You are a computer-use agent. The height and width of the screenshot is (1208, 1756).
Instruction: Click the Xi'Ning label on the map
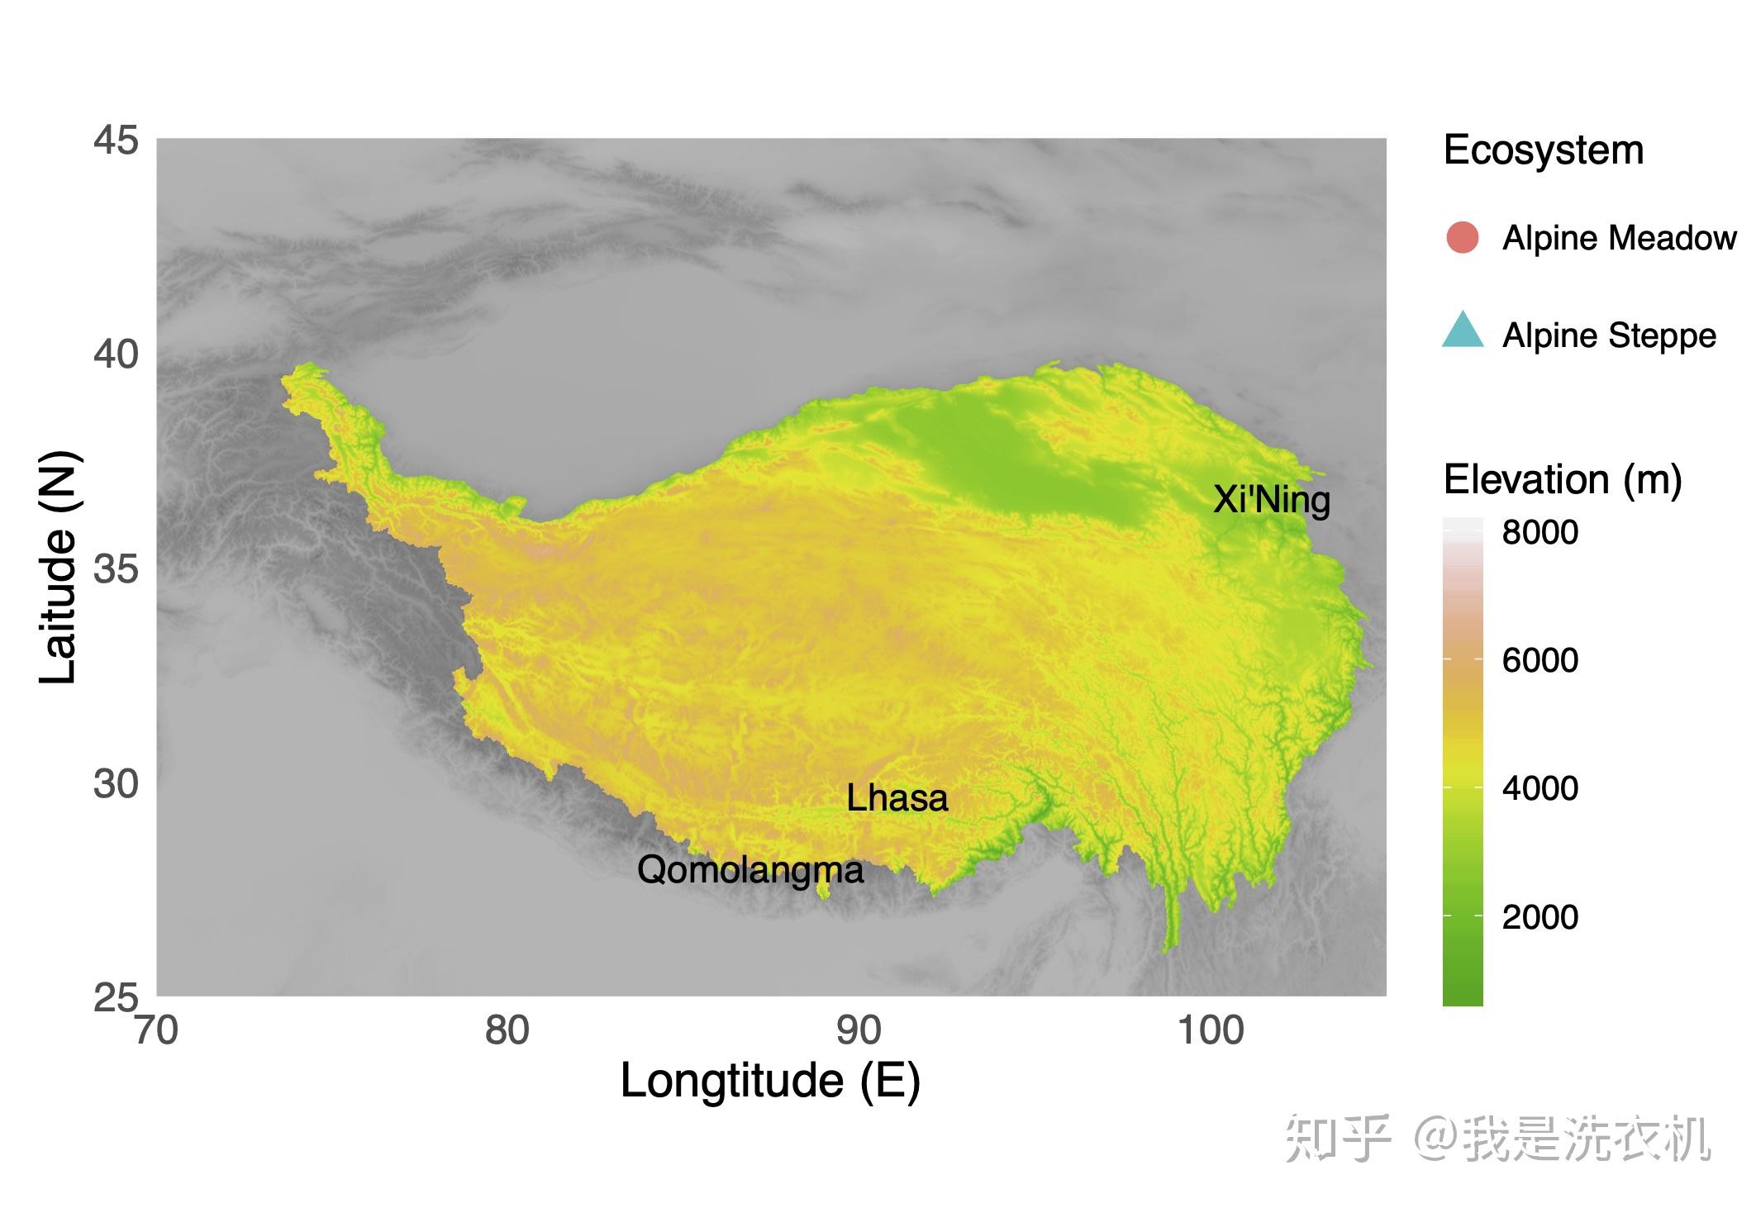pyautogui.click(x=1271, y=500)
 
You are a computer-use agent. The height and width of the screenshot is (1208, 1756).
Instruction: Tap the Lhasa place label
pyautogui.click(x=897, y=798)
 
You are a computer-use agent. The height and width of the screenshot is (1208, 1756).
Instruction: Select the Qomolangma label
pyautogui.click(x=750, y=870)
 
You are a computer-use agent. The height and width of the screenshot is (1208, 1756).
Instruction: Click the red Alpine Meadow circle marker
pyautogui.click(x=1462, y=238)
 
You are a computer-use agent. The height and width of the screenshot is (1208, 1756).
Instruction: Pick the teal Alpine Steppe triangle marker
pyautogui.click(x=1462, y=331)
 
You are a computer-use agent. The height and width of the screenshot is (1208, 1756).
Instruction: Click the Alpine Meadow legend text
pyautogui.click(x=1619, y=238)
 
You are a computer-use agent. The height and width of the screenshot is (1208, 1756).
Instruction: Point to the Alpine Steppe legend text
pyautogui.click(x=1609, y=335)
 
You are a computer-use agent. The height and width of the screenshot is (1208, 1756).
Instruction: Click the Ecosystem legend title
pyautogui.click(x=1543, y=150)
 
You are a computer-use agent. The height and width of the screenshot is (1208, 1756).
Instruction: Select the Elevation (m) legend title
pyautogui.click(x=1562, y=480)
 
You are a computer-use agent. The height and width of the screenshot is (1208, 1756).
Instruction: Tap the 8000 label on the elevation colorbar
pyautogui.click(x=1539, y=532)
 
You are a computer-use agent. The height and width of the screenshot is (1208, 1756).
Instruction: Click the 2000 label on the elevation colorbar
pyautogui.click(x=1539, y=916)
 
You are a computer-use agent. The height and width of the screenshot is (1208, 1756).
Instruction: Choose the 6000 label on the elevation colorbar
pyautogui.click(x=1539, y=660)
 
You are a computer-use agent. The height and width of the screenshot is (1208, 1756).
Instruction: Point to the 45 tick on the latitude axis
pyautogui.click(x=116, y=140)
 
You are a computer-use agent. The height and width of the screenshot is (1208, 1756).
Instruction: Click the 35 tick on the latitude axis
pyautogui.click(x=116, y=569)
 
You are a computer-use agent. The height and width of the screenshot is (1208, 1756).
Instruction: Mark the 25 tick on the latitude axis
pyautogui.click(x=116, y=998)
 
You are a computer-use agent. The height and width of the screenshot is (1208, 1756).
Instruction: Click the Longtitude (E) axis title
pyautogui.click(x=770, y=1081)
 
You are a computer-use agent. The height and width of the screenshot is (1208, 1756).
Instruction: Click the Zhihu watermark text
pyautogui.click(x=1497, y=1139)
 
